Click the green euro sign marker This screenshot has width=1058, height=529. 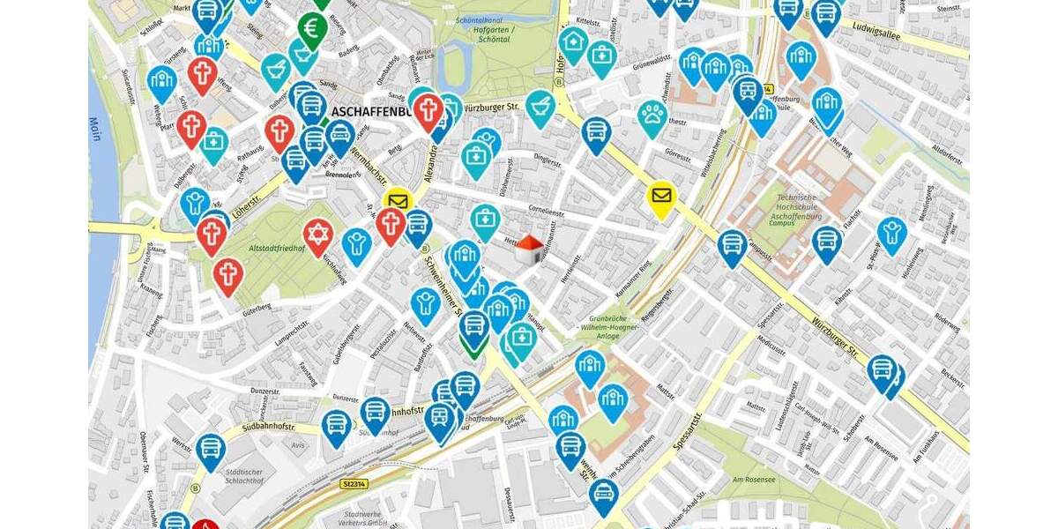point(312,27)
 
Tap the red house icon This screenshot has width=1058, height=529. point(528,249)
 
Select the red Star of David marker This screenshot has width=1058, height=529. point(318,235)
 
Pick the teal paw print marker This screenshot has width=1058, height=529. point(652,115)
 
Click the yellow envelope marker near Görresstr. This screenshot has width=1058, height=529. point(661,197)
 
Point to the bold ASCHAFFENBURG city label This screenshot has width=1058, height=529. point(379,112)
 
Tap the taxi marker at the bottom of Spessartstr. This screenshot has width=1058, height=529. point(603,495)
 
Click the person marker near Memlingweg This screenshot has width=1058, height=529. point(892,234)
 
